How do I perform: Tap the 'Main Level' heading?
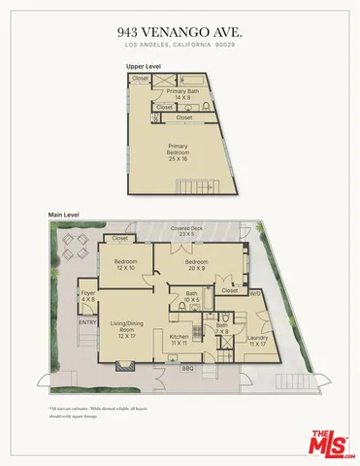(64, 214)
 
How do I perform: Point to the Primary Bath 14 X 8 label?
(182, 94)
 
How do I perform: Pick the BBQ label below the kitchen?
(188, 369)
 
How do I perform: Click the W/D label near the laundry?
(255, 291)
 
